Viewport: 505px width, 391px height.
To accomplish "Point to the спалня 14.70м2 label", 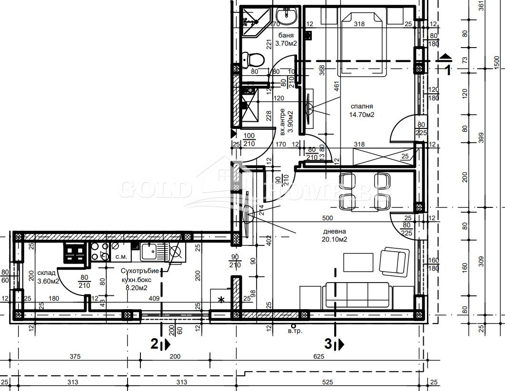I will (x=362, y=111).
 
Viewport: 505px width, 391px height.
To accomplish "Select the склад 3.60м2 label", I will (x=48, y=277).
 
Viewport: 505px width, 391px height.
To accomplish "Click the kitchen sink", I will (x=151, y=252).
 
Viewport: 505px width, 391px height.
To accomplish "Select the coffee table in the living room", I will (x=358, y=262).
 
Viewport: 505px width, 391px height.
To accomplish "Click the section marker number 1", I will (x=447, y=71).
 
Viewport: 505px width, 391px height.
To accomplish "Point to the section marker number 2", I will (x=154, y=343).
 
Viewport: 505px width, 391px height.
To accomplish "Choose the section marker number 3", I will (x=328, y=343).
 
